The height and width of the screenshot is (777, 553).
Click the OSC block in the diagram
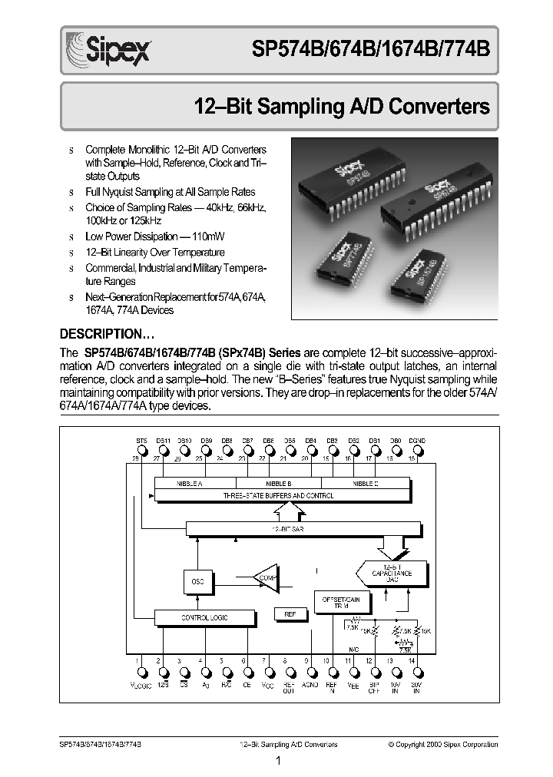(x=197, y=581)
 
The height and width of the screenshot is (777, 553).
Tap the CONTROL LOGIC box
(x=204, y=617)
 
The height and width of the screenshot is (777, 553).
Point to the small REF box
(x=290, y=614)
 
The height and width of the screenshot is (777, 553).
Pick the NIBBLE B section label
(x=278, y=484)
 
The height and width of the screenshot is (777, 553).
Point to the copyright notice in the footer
(x=442, y=744)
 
